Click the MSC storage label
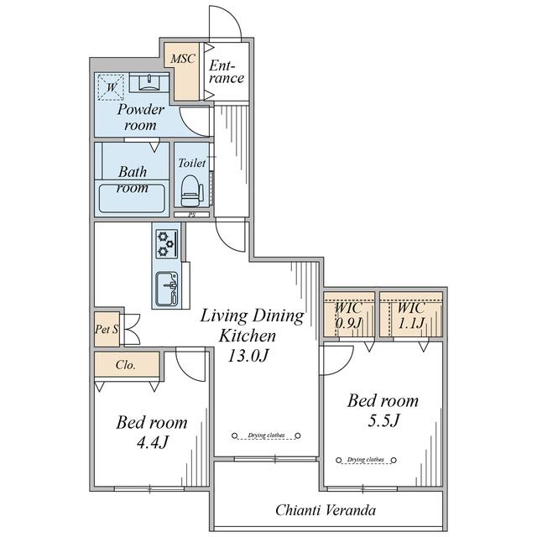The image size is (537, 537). click(x=183, y=59)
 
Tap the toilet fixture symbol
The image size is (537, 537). click(x=191, y=190)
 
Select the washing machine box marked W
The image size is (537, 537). click(x=111, y=87)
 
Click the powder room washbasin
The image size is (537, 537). click(x=149, y=83)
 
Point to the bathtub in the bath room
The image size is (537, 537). click(x=132, y=199)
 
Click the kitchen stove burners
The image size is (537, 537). click(x=167, y=243)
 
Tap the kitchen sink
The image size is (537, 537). click(x=167, y=289)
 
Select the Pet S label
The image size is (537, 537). click(x=107, y=329)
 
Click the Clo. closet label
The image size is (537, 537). click(x=126, y=365)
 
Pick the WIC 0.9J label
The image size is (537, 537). click(x=348, y=315)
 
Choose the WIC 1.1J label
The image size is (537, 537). click(x=411, y=315)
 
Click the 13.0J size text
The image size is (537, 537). click(x=248, y=356)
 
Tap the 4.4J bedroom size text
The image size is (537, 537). click(x=153, y=443)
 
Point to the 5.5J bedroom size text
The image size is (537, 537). click(x=383, y=420)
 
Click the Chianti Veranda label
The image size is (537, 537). click(x=326, y=510)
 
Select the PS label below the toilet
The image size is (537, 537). click(x=192, y=215)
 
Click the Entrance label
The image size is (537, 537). click(x=227, y=72)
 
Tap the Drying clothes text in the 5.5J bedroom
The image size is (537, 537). click(x=366, y=460)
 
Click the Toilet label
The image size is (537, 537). click(x=192, y=163)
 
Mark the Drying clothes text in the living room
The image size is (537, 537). click(x=267, y=435)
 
